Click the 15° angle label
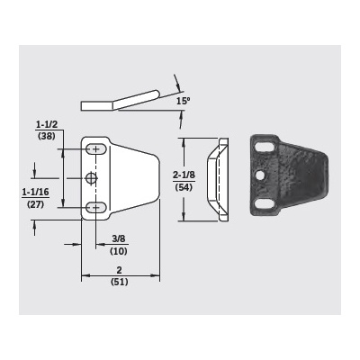pos(183,101)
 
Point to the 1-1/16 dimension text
pos(35,192)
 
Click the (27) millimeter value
pos(35,204)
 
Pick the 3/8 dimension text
pos(118,238)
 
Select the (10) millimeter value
pos(118,250)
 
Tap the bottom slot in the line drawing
pos(94,208)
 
